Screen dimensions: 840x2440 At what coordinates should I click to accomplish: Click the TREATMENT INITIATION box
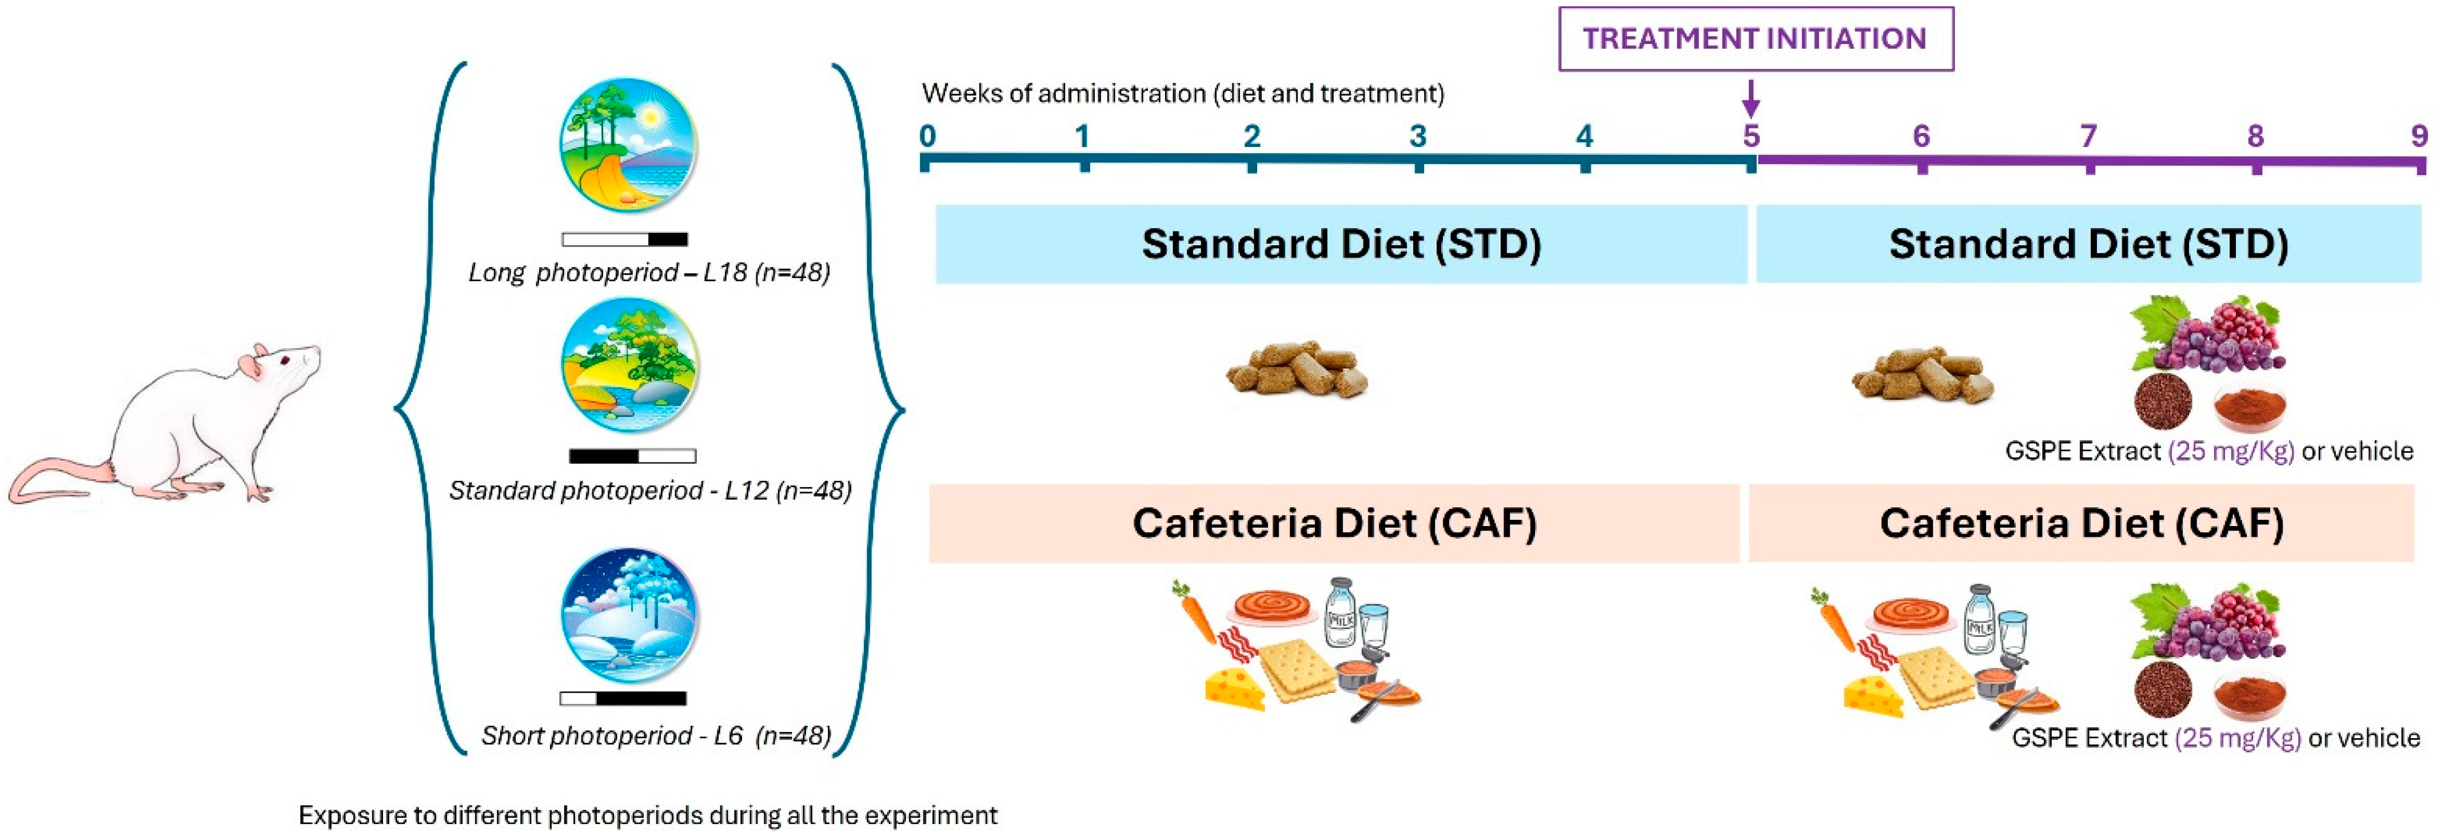pyautogui.click(x=1755, y=39)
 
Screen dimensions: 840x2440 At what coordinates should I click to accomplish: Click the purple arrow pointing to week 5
pyautogui.click(x=1751, y=98)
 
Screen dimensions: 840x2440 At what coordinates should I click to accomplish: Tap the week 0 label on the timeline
pyautogui.click(x=927, y=136)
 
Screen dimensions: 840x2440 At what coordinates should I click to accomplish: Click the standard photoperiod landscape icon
pyautogui.click(x=629, y=365)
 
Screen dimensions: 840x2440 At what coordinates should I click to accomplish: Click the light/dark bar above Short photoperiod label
pyautogui.click(x=623, y=699)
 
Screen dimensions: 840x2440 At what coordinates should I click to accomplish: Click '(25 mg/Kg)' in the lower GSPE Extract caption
pyautogui.click(x=2237, y=738)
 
